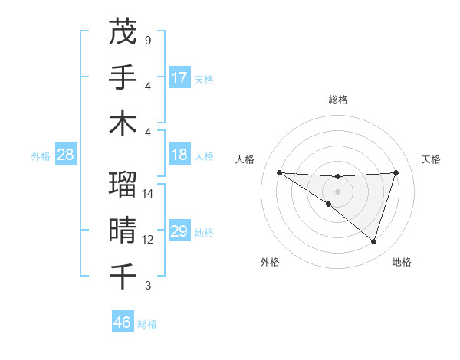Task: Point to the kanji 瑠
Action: pyautogui.click(x=123, y=185)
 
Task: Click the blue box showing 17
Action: pyautogui.click(x=179, y=77)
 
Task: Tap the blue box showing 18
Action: pyautogui.click(x=179, y=155)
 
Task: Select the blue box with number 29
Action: pyautogui.click(x=179, y=231)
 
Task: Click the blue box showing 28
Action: pyautogui.click(x=66, y=155)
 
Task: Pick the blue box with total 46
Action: pyautogui.click(x=123, y=322)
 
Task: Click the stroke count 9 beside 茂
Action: pyautogui.click(x=148, y=39)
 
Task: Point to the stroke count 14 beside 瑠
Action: pyautogui.click(x=148, y=194)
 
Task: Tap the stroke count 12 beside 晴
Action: pyautogui.click(x=148, y=240)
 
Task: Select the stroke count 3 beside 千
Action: pyautogui.click(x=148, y=286)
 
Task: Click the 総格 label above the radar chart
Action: pyautogui.click(x=337, y=100)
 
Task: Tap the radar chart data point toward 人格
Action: pyautogui.click(x=280, y=172)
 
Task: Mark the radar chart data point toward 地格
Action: pyautogui.click(x=374, y=242)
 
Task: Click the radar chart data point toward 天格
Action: pyautogui.click(x=396, y=172)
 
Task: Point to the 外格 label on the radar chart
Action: pyautogui.click(x=270, y=262)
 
